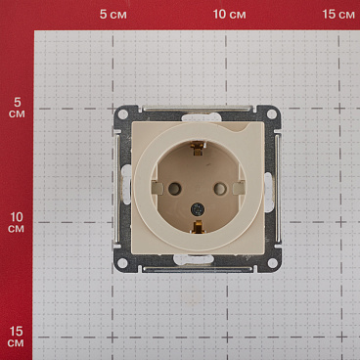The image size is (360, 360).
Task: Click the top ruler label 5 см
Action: (113, 15)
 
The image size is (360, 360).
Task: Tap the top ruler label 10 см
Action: (229, 15)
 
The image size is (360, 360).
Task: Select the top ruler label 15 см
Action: (338, 15)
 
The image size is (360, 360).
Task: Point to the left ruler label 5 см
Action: (17, 108)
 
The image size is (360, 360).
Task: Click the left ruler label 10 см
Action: (17, 223)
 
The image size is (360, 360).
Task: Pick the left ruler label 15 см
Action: (16, 337)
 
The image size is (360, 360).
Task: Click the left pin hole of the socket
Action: (174, 189)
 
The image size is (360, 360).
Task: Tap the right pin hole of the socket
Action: (220, 189)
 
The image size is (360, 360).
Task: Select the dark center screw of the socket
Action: (198, 208)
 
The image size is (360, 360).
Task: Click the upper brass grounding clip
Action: (198, 148)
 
